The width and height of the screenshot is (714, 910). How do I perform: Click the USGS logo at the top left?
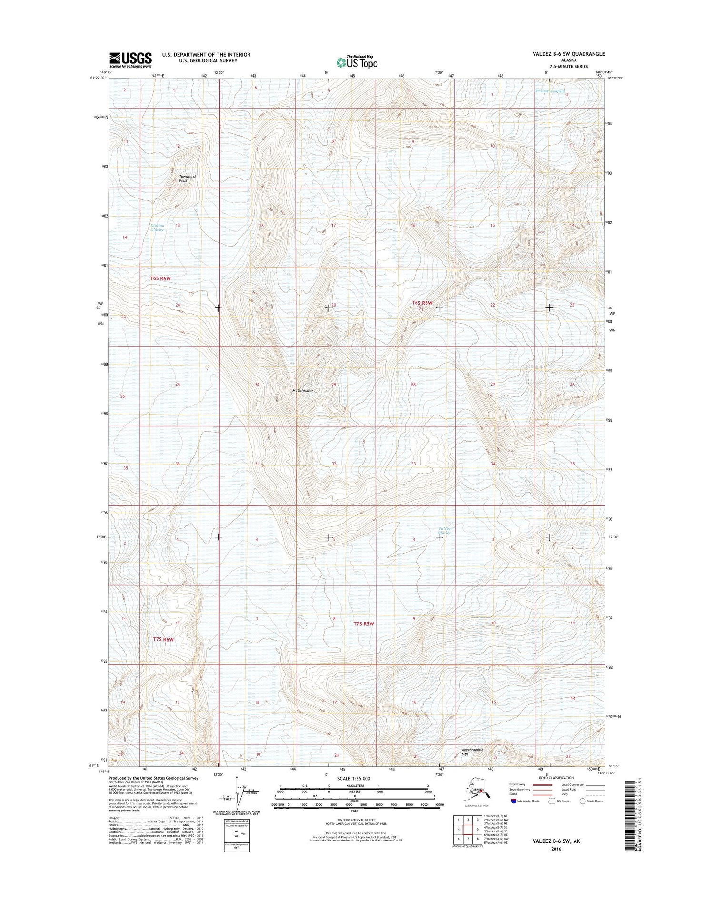pos(131,59)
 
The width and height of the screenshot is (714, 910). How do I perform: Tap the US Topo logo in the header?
pos(357,62)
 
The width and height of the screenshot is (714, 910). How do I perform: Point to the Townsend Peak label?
pos(187,178)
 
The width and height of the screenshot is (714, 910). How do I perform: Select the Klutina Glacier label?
pos(158,227)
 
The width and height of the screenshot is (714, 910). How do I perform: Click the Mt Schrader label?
pos(303,390)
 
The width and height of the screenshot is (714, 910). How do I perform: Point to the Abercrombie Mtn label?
pos(472,752)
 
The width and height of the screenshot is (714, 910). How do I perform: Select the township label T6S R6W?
pos(160,278)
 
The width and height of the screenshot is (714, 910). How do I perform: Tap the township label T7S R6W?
pos(163,639)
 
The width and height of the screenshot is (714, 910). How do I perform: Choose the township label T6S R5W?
pos(422,303)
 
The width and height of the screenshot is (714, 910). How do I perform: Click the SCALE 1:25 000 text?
pos(353,779)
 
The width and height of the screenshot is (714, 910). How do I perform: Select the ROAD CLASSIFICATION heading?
pos(556,778)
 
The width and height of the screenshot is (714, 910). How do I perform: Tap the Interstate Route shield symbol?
pos(514,801)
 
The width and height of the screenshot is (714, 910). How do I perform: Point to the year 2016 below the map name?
pos(555,849)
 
